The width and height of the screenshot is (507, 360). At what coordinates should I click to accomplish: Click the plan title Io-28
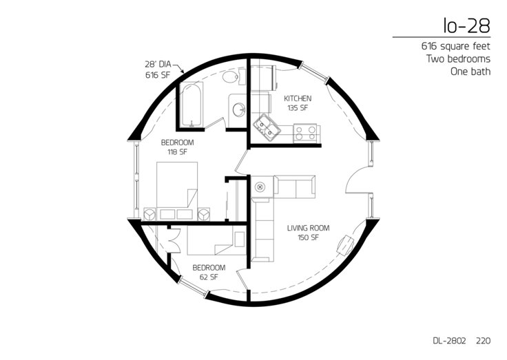(x=467, y=26)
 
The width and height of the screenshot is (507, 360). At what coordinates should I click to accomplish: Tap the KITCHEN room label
(x=298, y=98)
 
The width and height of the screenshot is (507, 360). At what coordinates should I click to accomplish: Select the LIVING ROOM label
(x=308, y=228)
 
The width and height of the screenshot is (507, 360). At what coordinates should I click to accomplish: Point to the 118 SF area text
(x=177, y=152)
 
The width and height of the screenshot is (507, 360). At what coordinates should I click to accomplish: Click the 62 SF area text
(x=209, y=277)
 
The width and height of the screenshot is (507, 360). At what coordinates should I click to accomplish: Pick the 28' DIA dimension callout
(x=158, y=64)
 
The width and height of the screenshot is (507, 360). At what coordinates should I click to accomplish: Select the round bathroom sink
(x=240, y=110)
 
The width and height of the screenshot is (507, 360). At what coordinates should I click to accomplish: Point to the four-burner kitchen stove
(x=306, y=133)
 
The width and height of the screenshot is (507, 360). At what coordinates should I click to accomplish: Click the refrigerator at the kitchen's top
(x=263, y=78)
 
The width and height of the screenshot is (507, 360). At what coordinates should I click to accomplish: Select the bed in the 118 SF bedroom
(x=177, y=191)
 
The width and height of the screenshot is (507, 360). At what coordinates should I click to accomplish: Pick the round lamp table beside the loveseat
(x=260, y=187)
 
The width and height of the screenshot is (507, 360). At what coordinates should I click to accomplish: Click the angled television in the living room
(x=345, y=244)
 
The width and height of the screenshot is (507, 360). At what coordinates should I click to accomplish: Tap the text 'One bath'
(x=470, y=72)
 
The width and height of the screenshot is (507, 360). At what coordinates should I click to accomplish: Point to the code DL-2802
(x=449, y=341)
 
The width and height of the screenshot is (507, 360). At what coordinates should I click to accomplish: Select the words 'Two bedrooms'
(x=458, y=59)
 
